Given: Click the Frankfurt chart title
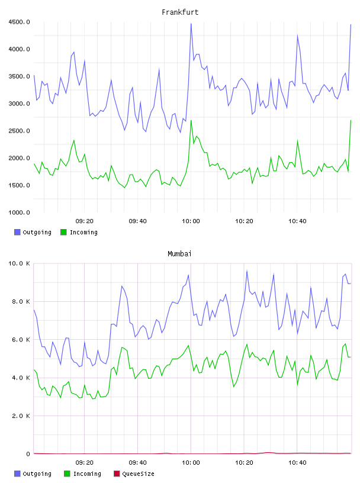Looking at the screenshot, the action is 180,12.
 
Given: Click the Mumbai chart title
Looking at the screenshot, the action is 179,254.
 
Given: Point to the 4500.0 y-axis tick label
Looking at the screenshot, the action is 19,22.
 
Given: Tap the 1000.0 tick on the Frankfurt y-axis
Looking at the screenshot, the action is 19,212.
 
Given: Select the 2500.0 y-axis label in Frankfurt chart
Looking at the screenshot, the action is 19,131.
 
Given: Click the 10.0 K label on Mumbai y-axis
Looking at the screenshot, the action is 19,263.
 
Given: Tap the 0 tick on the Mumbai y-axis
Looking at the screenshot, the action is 28,454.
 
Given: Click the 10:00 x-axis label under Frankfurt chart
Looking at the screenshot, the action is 191,221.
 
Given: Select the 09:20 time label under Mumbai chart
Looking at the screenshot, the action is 85,462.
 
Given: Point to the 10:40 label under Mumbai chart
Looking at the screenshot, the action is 297,462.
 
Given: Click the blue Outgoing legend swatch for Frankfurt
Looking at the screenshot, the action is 17,232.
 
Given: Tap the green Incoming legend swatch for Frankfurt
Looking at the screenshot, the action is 63,232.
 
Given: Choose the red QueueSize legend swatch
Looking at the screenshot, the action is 117,474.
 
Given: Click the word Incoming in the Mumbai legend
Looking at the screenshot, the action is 87,474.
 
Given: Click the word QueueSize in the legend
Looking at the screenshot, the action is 139,474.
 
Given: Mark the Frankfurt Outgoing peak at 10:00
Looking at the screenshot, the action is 191,24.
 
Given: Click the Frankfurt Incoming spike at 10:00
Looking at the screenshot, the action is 191,120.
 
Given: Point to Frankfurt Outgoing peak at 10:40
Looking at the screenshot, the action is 297,35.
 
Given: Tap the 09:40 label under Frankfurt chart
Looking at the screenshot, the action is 138,221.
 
